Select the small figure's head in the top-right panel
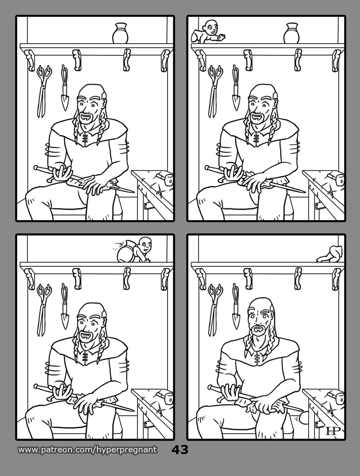pos(210,27)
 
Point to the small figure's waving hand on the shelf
pos(222,38)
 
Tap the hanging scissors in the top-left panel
pos(43,91)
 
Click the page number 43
pos(180,450)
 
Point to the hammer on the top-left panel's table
pos(164,178)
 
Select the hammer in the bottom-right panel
pos(336,397)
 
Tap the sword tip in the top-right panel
pos(304,192)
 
